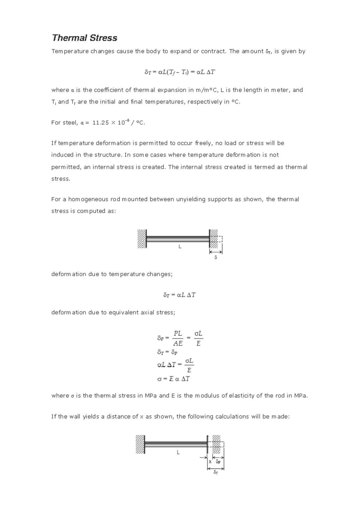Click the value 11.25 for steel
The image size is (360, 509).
coord(100,123)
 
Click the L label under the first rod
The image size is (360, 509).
coord(180,247)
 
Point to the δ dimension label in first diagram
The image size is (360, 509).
coord(216,258)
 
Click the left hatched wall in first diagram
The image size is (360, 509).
coord(141,239)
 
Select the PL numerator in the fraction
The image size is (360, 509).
coord(178,333)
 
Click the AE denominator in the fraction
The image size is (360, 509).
coord(178,343)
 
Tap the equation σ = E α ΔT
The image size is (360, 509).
coord(173,379)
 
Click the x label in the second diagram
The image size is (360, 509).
coord(210,462)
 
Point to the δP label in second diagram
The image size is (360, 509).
coord(218,462)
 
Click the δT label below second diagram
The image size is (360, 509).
coord(216,472)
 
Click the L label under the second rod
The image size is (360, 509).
coord(178,452)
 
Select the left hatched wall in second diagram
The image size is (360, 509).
coord(140,444)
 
